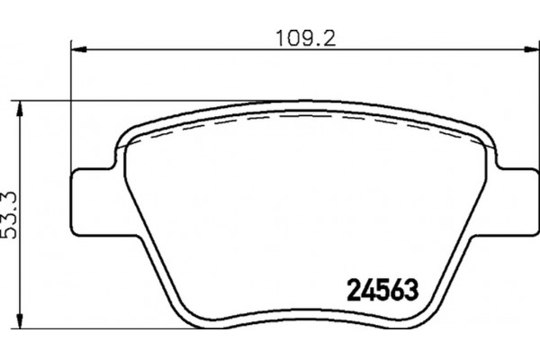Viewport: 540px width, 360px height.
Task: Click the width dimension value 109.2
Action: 306,38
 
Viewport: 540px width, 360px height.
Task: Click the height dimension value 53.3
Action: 9,214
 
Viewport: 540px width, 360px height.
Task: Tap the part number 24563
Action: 382,290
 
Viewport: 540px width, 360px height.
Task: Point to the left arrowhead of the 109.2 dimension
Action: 78,49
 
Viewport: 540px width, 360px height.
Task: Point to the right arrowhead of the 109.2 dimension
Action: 532,49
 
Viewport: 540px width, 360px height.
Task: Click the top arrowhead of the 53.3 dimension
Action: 21,109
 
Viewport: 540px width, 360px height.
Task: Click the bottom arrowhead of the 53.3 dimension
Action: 21,321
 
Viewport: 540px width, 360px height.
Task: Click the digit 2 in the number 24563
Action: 354,290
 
